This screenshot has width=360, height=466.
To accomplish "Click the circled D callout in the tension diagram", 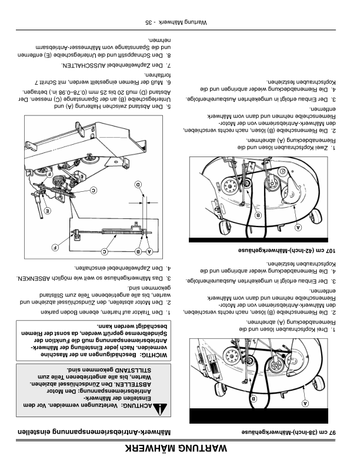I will coord(139,185).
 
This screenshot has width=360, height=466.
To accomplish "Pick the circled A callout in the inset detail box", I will coord(149,252).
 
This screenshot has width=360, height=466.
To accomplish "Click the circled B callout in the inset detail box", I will coord(139,252).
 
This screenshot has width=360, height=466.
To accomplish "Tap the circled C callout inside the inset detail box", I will coord(105,252).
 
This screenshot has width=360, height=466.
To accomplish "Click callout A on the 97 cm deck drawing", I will coord(306,404).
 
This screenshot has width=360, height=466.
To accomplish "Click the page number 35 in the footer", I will coord(148,22).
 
